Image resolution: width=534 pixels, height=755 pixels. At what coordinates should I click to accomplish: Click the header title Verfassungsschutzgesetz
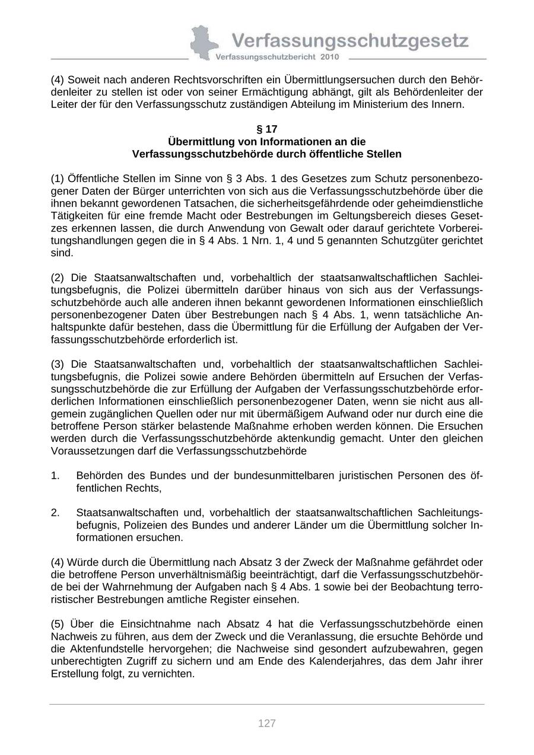350,40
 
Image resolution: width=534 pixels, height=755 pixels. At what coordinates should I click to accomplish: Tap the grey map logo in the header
203,43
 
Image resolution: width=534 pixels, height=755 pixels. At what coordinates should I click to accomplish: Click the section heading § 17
266,129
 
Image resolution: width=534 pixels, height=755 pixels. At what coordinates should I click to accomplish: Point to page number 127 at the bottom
267,723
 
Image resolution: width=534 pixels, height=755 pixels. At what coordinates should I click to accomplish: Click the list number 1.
55,476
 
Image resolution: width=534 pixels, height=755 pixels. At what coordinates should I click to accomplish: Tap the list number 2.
55,512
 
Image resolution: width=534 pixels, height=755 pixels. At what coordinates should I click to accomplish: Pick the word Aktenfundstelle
109,649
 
